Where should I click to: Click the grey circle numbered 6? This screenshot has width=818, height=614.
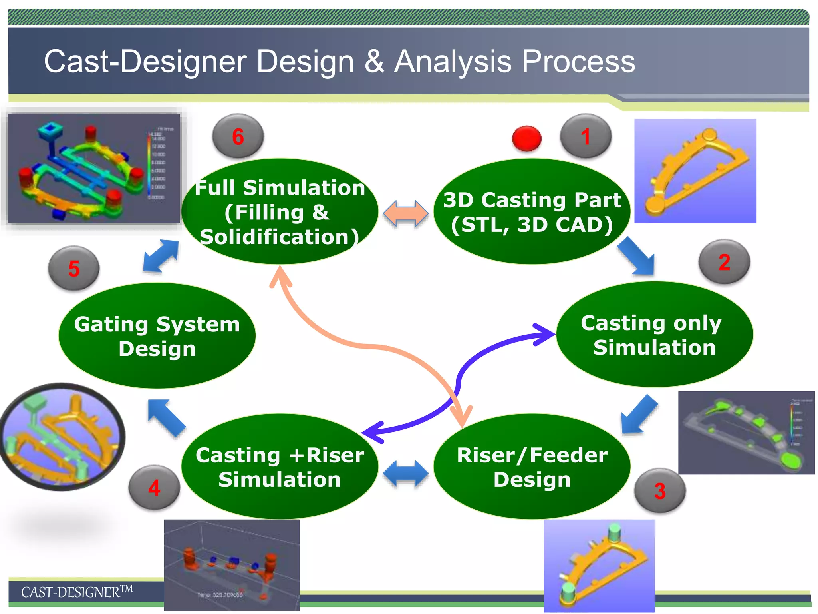pos(238,136)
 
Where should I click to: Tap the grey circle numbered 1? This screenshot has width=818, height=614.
pos(586,136)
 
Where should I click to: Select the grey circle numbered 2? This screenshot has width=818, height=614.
pos(724,262)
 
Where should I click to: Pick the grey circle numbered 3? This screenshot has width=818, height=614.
pos(660,490)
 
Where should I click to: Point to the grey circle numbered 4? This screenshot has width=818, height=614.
pos(154,487)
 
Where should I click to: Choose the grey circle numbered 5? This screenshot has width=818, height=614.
pos(74,268)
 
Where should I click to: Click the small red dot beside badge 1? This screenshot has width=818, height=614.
pos(526,138)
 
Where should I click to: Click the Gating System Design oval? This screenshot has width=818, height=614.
pos(157,336)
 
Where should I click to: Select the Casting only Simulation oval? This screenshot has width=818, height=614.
pos(654,335)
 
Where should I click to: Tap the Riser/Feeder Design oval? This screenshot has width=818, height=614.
pos(532,466)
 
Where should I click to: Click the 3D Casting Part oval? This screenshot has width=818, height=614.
pos(532,212)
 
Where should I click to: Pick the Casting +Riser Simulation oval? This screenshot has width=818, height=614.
pos(280,466)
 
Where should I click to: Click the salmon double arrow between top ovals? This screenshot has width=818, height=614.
pos(405,213)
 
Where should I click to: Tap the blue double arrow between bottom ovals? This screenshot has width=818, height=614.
pos(405,474)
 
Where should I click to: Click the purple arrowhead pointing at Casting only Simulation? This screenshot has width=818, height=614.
pos(545,334)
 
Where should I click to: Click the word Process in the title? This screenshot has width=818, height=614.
pos(578,62)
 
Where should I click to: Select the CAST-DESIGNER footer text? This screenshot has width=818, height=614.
pos(76,592)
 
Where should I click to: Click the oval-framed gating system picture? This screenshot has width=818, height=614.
pos(62,437)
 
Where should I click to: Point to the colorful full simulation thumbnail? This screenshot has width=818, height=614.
pos(94,168)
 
